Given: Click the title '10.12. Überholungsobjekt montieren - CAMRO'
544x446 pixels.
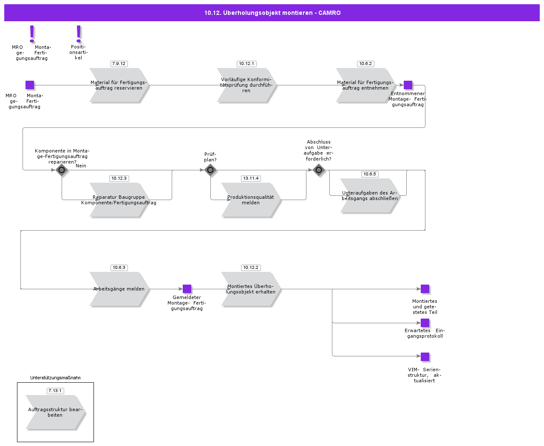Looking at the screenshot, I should pos(272,13).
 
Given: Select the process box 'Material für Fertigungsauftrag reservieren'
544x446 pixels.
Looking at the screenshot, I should pos(119,85).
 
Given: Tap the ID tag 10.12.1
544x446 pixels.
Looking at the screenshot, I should pos(246,64).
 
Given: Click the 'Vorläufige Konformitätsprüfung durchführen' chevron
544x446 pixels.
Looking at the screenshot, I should pos(246,85).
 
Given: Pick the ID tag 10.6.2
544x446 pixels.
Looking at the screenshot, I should pos(365,64).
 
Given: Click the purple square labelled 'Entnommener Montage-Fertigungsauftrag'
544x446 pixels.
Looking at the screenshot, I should pos(408,85).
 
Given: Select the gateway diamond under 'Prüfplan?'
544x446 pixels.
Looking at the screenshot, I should pos(210,170).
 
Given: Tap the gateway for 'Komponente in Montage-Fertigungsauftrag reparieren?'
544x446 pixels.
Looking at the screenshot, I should pos(62,170).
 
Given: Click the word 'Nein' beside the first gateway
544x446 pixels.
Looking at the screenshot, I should pos(81,166).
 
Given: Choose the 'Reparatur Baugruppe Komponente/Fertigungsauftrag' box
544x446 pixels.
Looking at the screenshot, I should pos(119,200).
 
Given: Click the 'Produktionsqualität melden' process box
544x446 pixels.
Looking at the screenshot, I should pos(251,200).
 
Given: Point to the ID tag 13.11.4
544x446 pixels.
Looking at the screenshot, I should pos(251,178).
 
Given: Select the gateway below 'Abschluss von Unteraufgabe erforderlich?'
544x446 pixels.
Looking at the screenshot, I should pos(319,170).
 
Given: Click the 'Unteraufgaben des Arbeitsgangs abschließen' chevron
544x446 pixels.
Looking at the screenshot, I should pos(370,196).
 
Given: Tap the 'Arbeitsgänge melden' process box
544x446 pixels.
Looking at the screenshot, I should pos(119,289).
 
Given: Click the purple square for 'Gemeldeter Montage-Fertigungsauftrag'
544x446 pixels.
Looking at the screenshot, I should pos(187,289).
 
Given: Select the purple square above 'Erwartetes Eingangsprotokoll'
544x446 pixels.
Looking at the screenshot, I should pos(425,323).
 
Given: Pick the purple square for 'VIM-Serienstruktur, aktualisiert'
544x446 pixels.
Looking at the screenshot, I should pos(425,357).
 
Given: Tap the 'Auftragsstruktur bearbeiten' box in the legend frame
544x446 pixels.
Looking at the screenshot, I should pos(55,412).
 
